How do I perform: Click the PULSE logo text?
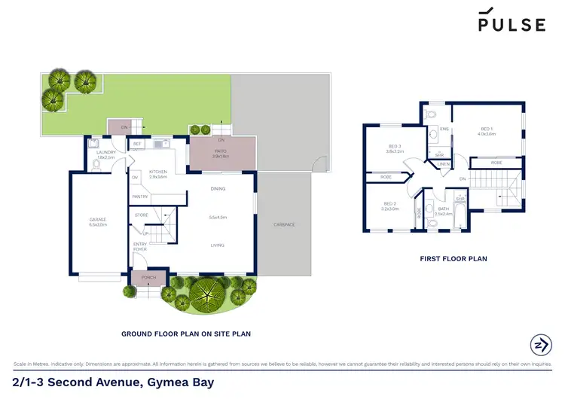512,24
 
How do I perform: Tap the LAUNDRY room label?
105,153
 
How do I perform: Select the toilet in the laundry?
96,163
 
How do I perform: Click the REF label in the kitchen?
137,143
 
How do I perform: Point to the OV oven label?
136,178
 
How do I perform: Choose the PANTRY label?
140,196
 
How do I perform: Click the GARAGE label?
98,221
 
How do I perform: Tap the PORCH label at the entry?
148,278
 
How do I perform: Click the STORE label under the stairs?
142,215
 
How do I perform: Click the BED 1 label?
487,130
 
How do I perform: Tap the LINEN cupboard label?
444,163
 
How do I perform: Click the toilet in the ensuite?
430,115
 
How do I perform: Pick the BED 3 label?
395,148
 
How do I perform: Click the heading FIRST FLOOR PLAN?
453,258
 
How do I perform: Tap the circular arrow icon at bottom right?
540,344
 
